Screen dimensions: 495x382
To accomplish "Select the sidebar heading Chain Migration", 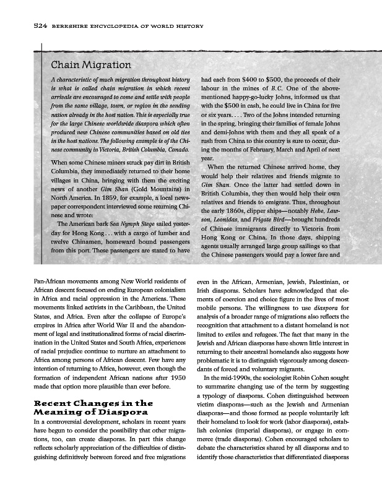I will [91, 64].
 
